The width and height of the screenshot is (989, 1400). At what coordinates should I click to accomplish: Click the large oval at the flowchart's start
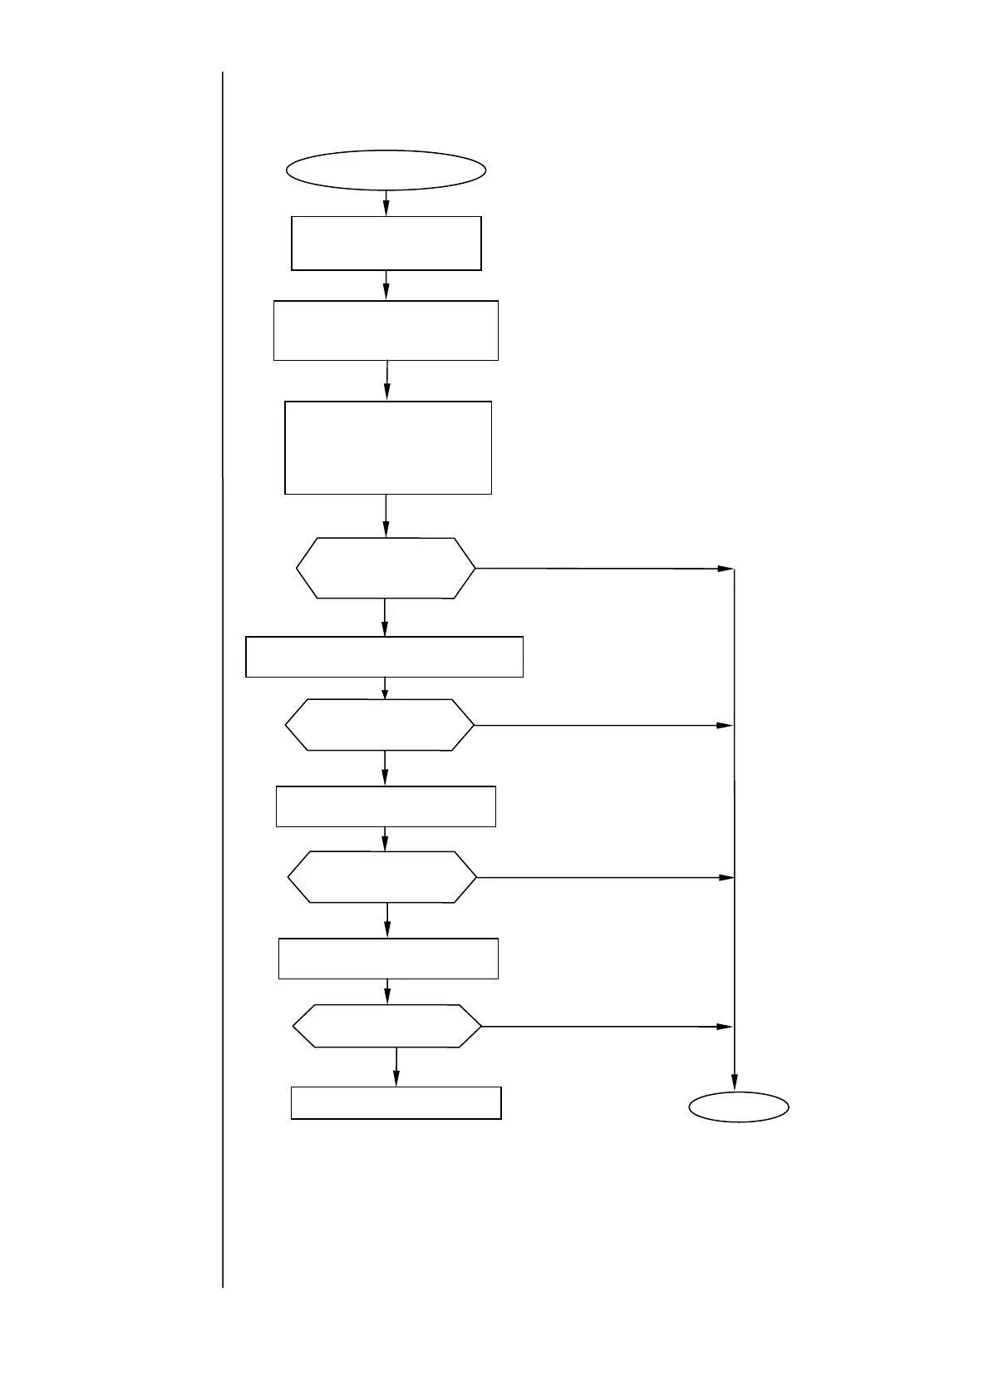tap(386, 170)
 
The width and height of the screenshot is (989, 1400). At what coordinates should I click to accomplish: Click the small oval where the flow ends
tap(739, 1107)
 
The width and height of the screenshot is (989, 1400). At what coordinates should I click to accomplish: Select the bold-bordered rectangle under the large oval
tap(386, 244)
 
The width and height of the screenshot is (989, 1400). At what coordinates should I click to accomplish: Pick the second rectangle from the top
tap(386, 331)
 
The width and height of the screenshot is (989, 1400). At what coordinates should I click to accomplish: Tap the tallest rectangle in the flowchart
tap(388, 448)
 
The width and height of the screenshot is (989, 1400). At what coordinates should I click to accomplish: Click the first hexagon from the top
tap(386, 569)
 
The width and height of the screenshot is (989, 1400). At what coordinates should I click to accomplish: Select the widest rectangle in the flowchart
tap(384, 657)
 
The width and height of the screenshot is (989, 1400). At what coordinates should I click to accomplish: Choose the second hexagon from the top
tap(380, 725)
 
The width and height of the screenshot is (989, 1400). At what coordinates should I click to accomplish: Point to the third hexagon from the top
tap(382, 877)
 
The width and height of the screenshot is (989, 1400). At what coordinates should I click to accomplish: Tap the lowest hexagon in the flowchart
tap(387, 1027)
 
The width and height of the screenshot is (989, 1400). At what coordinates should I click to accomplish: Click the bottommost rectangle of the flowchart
tap(396, 1103)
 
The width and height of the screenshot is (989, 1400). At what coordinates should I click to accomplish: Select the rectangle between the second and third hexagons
tap(386, 806)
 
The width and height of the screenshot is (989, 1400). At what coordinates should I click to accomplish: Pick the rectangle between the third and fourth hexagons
tap(388, 959)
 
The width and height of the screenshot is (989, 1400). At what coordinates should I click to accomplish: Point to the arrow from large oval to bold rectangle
tap(386, 203)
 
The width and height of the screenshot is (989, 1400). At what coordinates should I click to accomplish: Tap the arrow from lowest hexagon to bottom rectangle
tap(396, 1067)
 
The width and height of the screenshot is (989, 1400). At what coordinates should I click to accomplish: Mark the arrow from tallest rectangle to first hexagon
tap(386, 516)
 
